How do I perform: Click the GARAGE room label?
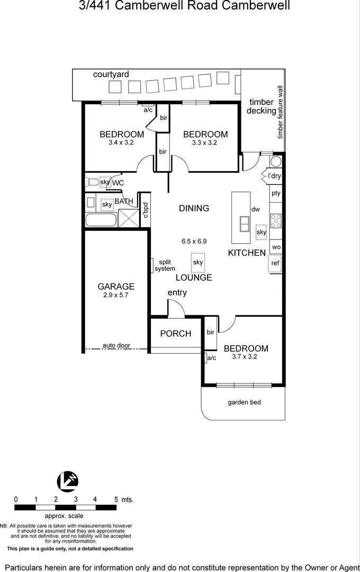[116, 287]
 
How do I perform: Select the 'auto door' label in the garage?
[116, 345]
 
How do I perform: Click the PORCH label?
[176, 334]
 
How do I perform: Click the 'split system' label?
[165, 265]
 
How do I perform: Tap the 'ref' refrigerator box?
[275, 263]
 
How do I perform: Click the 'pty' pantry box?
[276, 193]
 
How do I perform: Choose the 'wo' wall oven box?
[276, 247]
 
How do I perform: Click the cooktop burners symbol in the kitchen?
[276, 220]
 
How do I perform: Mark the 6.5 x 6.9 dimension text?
[194, 241]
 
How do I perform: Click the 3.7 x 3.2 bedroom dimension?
[245, 357]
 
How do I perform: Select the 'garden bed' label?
[244, 402]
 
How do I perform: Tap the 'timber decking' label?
[261, 106]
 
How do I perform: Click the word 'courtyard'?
[111, 75]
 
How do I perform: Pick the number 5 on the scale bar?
[116, 499]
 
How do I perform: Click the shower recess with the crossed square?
[127, 218]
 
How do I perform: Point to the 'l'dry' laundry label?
[274, 176]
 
